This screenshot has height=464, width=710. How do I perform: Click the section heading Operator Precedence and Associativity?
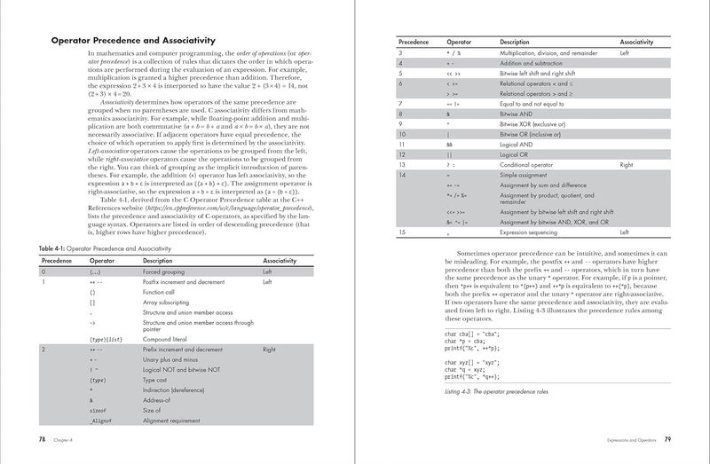tap(134, 40)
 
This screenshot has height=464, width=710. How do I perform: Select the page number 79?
tap(667, 438)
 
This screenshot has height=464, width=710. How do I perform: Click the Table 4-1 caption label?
tap(93, 249)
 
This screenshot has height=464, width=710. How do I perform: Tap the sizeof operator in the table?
tap(99, 412)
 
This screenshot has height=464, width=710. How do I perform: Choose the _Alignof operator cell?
tap(101, 424)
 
